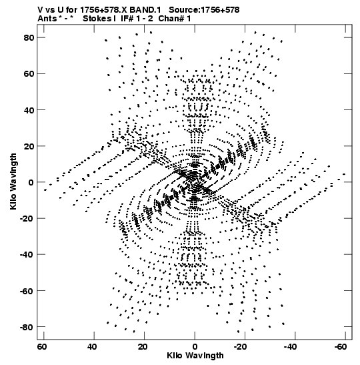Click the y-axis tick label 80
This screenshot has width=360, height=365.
[x=29, y=38]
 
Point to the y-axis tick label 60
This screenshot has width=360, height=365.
[x=29, y=74]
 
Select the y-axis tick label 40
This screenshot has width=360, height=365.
[x=29, y=110]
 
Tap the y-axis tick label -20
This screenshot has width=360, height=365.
[x=27, y=219]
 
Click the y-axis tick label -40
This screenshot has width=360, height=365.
[x=27, y=255]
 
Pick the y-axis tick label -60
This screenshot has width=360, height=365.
[x=27, y=291]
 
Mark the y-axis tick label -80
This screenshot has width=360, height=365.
[x=27, y=327]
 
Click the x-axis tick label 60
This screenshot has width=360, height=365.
[x=41, y=347]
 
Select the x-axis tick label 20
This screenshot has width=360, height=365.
[x=142, y=347]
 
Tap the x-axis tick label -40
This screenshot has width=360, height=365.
[x=290, y=347]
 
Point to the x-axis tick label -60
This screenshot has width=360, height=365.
[x=341, y=347]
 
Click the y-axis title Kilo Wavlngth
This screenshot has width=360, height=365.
[x=13, y=181]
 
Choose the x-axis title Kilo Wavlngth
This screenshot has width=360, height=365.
[x=195, y=356]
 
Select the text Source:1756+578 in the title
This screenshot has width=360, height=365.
[x=204, y=10]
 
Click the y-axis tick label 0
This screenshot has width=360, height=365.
[x=31, y=183]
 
